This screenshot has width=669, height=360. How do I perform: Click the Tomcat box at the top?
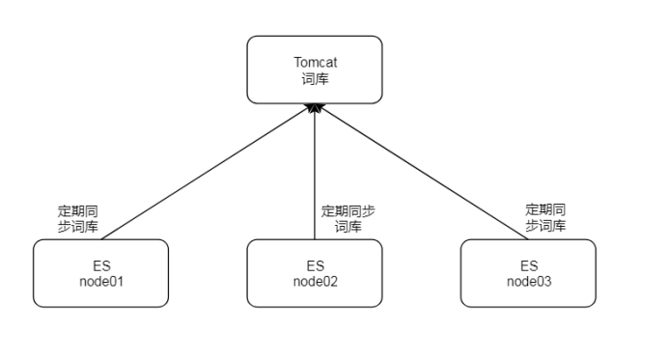pyautogui.click(x=315, y=69)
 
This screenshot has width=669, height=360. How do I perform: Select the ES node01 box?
pyautogui.click(x=100, y=273)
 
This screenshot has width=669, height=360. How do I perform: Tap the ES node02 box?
pyautogui.click(x=315, y=273)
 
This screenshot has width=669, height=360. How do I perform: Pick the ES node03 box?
pyautogui.click(x=528, y=273)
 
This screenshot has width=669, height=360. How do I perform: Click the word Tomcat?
pyautogui.click(x=315, y=63)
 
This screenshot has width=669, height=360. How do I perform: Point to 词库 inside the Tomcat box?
pyautogui.click(x=315, y=77)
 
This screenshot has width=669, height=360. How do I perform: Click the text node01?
pyautogui.click(x=100, y=281)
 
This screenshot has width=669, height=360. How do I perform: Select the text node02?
pyautogui.click(x=315, y=281)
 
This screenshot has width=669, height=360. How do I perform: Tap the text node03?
pyautogui.click(x=528, y=281)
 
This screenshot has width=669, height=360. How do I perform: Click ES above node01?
pyautogui.click(x=100, y=265)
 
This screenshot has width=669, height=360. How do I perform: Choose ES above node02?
pyautogui.click(x=315, y=265)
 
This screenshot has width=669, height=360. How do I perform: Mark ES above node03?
pyautogui.click(x=528, y=265)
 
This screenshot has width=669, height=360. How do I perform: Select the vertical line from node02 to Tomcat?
pyautogui.click(x=315, y=174)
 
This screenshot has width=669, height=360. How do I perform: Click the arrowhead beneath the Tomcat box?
pyautogui.click(x=315, y=109)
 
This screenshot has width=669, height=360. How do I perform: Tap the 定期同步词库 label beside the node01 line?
pyautogui.click(x=77, y=217)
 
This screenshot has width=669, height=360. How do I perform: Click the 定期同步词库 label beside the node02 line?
pyautogui.click(x=348, y=218)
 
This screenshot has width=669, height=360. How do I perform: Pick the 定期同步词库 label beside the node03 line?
pyautogui.click(x=545, y=217)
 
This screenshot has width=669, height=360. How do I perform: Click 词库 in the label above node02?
pyautogui.click(x=348, y=227)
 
